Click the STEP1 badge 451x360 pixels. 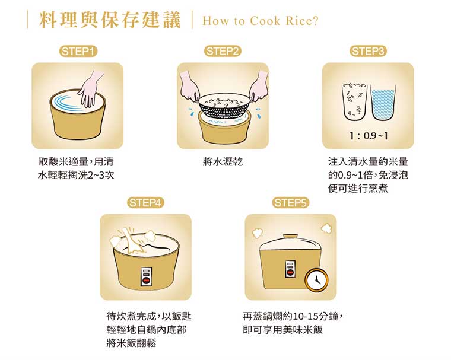(x=78, y=52)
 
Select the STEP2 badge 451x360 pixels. (x=223, y=52)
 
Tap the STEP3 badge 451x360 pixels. (x=369, y=52)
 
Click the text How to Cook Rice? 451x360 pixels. (x=261, y=21)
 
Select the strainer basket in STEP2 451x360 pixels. (x=223, y=106)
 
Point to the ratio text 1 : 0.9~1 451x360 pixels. (x=368, y=136)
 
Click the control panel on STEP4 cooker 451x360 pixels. (x=145, y=276)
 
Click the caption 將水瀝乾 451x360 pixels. (x=223, y=162)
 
